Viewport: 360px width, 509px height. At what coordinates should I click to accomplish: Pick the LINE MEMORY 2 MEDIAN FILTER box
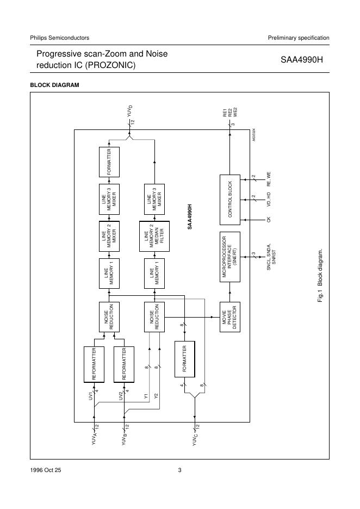pos(154,237)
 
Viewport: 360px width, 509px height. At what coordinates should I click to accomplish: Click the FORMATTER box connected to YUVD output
pos(109,162)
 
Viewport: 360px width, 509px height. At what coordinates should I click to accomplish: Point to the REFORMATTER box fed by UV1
pos(94,364)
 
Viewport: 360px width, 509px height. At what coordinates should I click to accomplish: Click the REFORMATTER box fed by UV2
pos(124,364)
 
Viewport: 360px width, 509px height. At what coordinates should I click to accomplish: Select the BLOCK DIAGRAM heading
pos(54,85)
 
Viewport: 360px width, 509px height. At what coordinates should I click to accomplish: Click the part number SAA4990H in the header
pos(302,60)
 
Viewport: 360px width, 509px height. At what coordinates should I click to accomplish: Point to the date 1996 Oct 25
pos(46,470)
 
